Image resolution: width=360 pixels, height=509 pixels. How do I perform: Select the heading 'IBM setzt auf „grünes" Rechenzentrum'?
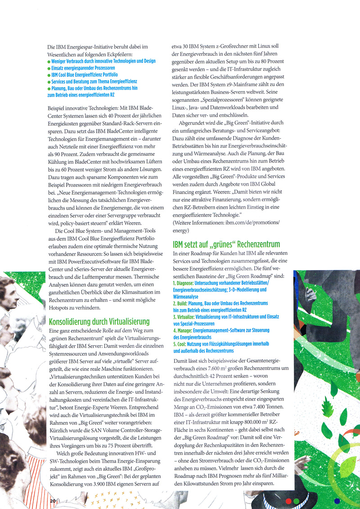226,245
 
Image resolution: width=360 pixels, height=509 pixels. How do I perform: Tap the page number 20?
52,500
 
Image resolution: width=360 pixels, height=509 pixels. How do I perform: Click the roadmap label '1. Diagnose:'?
183,284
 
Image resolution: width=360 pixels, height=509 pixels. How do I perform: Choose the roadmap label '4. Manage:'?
183,330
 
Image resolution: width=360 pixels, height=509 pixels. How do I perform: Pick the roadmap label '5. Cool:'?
181,344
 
